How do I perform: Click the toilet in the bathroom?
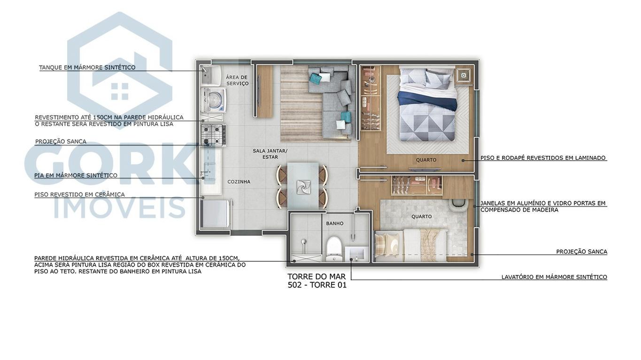(334, 247)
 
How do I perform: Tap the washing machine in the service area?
(214, 100)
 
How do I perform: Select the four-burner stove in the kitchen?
(213, 135)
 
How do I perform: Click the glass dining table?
(302, 186)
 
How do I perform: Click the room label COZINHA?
(239, 182)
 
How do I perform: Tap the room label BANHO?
(334, 223)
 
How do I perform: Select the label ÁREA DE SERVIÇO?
(237, 80)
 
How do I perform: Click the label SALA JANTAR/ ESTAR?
(270, 154)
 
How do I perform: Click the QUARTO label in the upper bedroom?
(426, 160)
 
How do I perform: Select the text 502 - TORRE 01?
(317, 285)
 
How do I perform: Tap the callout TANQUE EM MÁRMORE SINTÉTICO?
(87, 68)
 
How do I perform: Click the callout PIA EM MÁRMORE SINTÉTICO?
(76, 176)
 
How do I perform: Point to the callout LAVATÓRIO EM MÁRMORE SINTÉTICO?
(554, 277)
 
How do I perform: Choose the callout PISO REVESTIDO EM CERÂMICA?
(79, 194)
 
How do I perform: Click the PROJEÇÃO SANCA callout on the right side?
(581, 252)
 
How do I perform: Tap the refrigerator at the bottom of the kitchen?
(215, 214)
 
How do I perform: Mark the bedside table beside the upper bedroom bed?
(463, 75)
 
